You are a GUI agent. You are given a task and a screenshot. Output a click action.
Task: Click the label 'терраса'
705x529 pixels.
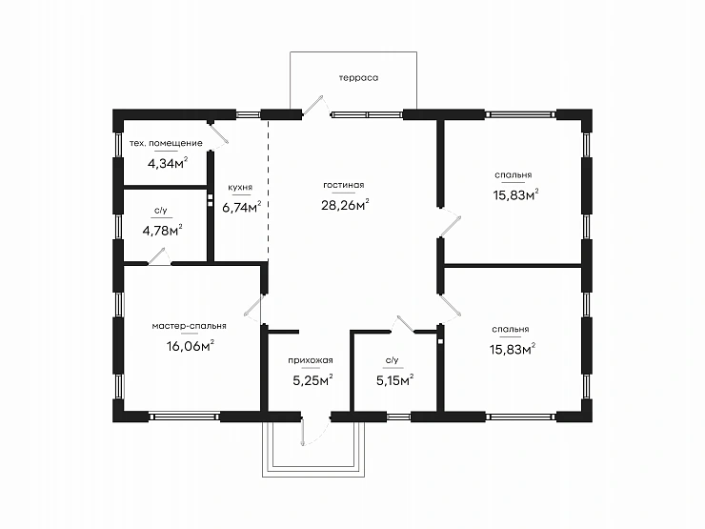[358, 78]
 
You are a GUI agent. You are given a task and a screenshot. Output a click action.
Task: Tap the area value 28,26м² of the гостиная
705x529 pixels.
[345, 205]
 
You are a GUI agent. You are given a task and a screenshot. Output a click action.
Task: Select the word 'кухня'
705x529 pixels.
[240, 188]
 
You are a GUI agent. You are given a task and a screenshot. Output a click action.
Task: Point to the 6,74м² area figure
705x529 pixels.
[241, 207]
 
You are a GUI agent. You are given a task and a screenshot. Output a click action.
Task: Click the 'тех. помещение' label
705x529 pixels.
[166, 144]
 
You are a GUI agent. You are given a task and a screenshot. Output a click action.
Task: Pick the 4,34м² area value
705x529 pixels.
[168, 163]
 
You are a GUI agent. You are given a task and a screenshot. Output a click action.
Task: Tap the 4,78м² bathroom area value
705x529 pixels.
[162, 231]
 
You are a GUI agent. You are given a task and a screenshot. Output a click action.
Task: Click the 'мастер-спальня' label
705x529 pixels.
[189, 326]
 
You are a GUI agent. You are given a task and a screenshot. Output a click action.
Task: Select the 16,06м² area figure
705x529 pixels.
[190, 346]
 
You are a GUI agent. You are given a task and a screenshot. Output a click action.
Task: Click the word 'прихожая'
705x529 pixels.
[311, 360]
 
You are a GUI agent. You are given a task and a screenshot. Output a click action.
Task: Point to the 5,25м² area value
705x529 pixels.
[312, 380]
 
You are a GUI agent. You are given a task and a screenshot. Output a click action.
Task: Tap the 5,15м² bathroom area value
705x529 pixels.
[394, 380]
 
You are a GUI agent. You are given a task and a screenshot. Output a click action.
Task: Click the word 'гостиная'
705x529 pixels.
[344, 185]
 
